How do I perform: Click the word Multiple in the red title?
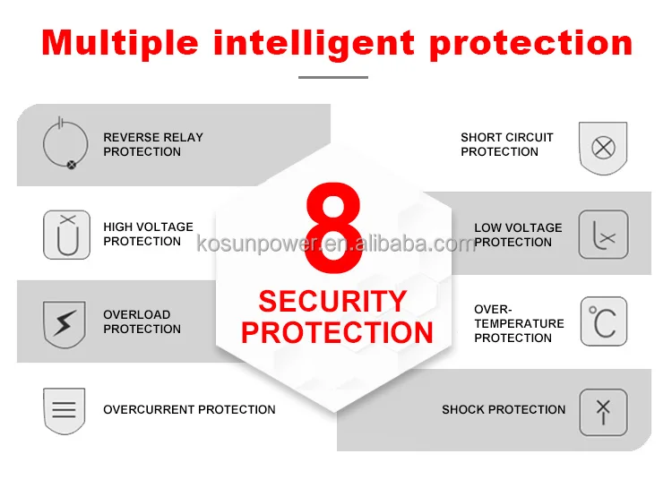[x=120, y=43]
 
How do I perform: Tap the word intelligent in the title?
[x=314, y=43]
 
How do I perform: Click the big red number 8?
[x=334, y=227]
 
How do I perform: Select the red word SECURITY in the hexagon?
[x=332, y=301]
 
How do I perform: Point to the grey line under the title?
[x=333, y=78]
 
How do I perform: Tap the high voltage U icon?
[x=67, y=235]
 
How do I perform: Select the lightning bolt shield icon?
[x=65, y=324]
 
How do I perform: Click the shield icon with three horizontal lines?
[x=65, y=411]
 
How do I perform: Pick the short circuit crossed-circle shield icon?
[x=603, y=149]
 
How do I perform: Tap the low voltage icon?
[x=603, y=235]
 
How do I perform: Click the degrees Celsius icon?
[x=604, y=321]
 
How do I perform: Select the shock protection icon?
[x=603, y=412]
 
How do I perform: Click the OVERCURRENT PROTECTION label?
[x=189, y=409]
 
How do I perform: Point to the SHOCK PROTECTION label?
[x=504, y=409]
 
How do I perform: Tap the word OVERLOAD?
[x=137, y=314]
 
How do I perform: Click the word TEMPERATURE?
[x=519, y=323]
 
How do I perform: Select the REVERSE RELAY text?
[x=153, y=137]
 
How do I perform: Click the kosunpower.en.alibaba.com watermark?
[x=336, y=244]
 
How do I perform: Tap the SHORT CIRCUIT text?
[x=507, y=137]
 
